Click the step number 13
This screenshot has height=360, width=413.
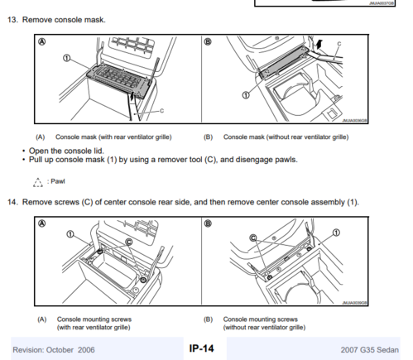(x=12, y=20)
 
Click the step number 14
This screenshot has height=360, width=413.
(x=12, y=202)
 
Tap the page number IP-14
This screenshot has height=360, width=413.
(x=201, y=348)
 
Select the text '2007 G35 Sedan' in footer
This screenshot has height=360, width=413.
(x=369, y=350)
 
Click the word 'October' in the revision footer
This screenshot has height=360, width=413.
(x=60, y=350)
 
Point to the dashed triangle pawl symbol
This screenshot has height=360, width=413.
(x=38, y=182)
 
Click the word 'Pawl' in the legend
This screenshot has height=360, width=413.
(x=58, y=181)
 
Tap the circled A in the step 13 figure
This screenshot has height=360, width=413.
(x=42, y=41)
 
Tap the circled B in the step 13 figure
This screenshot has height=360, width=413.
(x=208, y=41)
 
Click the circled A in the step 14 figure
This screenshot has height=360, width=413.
(x=42, y=223)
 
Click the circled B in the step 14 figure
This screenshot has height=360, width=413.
(x=208, y=223)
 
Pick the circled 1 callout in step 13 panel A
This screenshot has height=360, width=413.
(x=66, y=58)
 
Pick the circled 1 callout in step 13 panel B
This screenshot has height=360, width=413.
(x=246, y=95)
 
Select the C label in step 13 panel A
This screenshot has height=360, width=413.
(x=161, y=111)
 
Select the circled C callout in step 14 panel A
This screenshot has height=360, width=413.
(x=129, y=242)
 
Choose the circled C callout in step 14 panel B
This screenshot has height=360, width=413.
(x=253, y=238)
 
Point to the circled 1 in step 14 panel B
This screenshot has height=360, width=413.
(x=336, y=233)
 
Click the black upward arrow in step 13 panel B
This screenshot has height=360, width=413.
(x=319, y=44)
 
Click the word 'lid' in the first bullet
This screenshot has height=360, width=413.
(x=98, y=151)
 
